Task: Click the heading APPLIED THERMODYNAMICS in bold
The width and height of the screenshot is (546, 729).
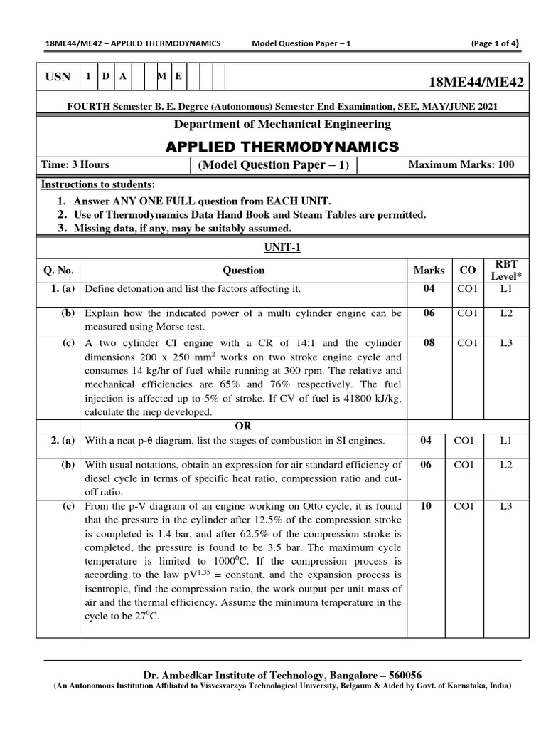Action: (282, 147)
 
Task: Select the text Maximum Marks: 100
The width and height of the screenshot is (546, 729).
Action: (461, 165)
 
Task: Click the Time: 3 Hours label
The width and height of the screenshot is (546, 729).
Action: (75, 165)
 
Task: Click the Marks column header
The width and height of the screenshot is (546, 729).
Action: (429, 271)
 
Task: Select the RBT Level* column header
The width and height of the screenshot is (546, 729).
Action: (505, 271)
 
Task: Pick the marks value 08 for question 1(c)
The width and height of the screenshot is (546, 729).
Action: (429, 343)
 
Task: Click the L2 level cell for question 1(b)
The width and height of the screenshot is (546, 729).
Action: (505, 313)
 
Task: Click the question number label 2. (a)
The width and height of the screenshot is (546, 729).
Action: (63, 441)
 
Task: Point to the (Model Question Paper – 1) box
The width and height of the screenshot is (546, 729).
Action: (273, 165)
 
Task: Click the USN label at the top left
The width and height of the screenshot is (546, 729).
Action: (58, 77)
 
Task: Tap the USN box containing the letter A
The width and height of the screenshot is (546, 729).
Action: (122, 76)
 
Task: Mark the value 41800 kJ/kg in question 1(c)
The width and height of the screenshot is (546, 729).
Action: (370, 399)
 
